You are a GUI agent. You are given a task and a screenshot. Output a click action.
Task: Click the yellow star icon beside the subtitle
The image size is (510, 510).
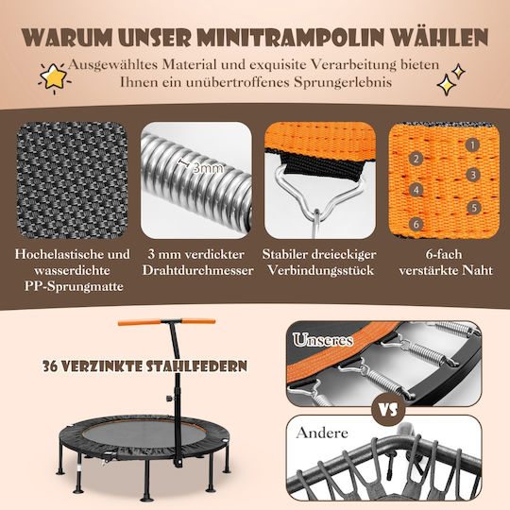[x=54, y=77]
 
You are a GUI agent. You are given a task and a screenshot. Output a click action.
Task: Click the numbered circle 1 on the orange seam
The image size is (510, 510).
[x=472, y=145]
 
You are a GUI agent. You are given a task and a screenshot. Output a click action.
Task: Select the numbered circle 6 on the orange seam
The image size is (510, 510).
[x=416, y=224]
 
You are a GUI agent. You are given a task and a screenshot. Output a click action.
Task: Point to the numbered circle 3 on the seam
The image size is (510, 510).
[x=473, y=175]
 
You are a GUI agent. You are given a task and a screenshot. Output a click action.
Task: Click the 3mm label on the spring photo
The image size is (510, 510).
[x=209, y=168]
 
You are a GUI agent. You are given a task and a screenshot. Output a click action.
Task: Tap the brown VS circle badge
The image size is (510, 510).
[x=389, y=410]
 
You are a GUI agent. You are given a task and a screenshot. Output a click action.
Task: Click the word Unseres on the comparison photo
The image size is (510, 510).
[x=323, y=340]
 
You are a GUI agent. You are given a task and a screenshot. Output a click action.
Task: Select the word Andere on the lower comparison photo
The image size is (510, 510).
[x=322, y=433]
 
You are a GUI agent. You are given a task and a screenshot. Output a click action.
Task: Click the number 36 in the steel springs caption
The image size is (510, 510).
[x=50, y=366]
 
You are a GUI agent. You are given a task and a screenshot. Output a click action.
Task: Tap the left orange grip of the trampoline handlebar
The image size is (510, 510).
[x=139, y=323]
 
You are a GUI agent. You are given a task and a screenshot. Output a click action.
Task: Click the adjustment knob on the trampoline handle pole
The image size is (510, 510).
[x=169, y=399]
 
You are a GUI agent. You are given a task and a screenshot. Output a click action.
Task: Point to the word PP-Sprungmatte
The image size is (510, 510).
[x=74, y=286]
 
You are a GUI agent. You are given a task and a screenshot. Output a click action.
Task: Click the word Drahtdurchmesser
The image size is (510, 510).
[x=197, y=271]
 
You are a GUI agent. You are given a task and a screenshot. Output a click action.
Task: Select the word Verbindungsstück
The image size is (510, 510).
[x=321, y=271]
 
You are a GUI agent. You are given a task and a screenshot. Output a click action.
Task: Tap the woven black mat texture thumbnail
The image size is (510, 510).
[x=72, y=180]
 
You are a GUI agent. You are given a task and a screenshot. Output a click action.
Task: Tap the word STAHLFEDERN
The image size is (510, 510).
[x=196, y=366]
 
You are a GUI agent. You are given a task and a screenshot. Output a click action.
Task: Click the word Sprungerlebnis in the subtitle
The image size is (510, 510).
[x=343, y=82]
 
